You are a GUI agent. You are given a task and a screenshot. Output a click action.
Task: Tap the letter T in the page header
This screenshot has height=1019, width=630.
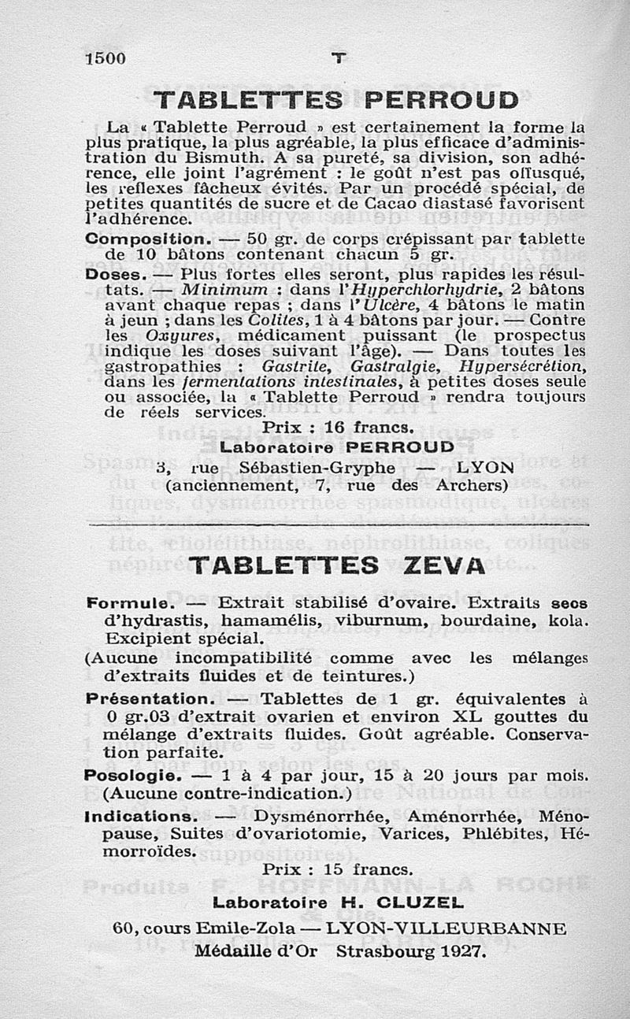point(339,57)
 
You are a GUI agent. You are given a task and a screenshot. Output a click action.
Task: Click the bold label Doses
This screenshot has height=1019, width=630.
point(115,275)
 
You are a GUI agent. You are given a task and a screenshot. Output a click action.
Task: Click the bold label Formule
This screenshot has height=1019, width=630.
point(129,603)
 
